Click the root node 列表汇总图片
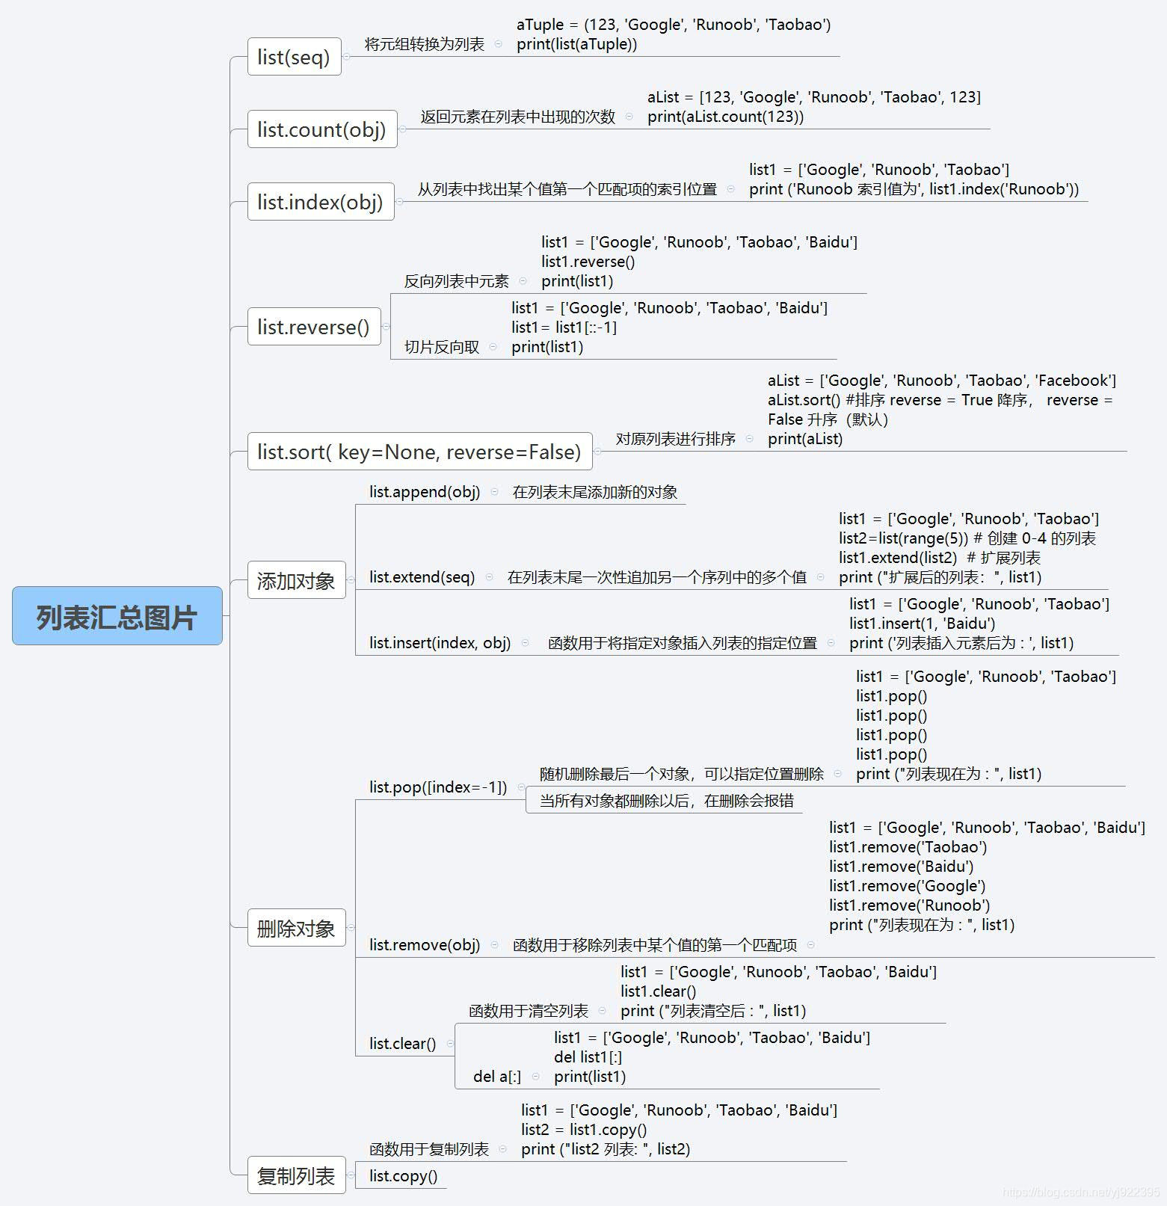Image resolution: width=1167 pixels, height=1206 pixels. coord(117,616)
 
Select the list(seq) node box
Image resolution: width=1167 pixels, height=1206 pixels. coord(294,57)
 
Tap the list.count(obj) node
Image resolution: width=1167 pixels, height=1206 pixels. coord(321,129)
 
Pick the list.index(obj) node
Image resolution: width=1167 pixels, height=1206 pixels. coord(320,202)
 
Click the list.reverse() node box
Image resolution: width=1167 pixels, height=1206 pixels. coord(313,327)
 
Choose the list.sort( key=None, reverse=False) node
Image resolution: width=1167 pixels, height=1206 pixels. coord(419,452)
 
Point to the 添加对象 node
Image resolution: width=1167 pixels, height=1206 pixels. coord(296,580)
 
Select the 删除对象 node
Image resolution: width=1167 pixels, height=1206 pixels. coord(296,928)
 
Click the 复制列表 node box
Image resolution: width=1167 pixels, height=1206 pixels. coord(296,1176)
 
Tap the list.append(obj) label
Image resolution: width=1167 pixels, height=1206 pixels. coord(425,492)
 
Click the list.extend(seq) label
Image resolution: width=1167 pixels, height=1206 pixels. coord(422,577)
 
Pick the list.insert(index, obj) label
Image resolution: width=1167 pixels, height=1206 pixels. coord(440,643)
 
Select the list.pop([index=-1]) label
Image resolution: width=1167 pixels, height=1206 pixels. coord(438,787)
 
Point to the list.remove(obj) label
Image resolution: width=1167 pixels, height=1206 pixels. coord(425,945)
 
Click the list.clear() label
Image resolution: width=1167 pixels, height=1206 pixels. coord(402,1044)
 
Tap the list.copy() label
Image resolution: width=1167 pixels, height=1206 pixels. coord(403,1176)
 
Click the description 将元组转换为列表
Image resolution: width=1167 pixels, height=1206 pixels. coord(424,44)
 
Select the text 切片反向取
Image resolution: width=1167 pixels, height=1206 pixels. coord(442,347)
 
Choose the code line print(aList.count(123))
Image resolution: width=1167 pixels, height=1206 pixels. coord(725,117)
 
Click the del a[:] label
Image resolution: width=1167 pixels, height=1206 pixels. coord(497,1077)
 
